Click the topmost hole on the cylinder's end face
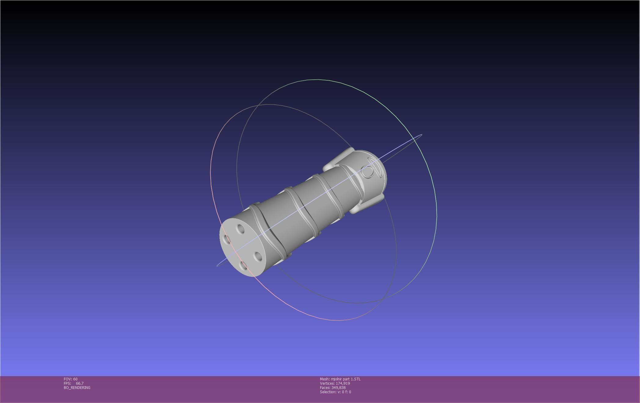tap(241, 229)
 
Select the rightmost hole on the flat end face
tap(258, 257)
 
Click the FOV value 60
tap(75, 379)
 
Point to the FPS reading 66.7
tap(80, 383)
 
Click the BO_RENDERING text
tap(77, 388)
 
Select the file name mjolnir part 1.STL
tap(346, 379)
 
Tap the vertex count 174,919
tap(343, 383)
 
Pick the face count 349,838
tap(338, 388)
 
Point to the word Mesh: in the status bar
tap(325, 379)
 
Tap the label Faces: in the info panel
tap(325, 388)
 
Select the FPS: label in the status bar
tap(67, 383)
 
